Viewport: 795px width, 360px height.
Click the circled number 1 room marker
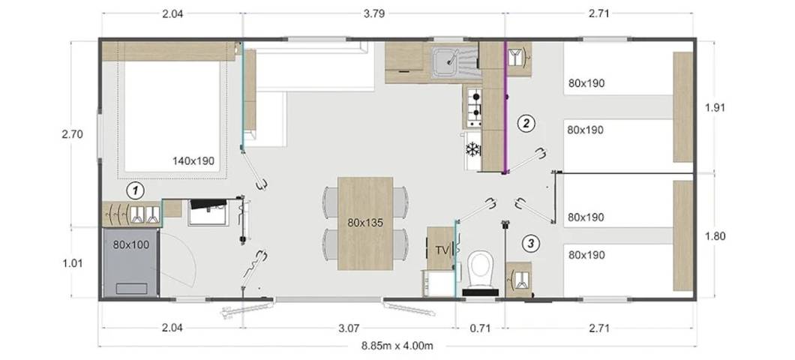point(135,190)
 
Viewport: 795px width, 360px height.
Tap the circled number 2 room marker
point(526,123)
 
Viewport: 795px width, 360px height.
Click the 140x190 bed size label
point(193,161)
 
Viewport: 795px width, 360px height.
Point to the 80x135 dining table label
point(365,222)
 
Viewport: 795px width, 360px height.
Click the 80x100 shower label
point(131,245)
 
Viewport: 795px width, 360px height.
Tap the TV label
point(442,250)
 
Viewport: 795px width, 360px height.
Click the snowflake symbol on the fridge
point(473,149)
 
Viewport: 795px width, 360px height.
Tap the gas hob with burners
point(474,107)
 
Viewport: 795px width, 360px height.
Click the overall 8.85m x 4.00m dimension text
point(397,346)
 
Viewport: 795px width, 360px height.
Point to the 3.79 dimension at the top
point(374,13)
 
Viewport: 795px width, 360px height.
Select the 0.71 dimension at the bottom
point(480,328)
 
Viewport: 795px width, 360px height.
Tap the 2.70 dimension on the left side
point(72,134)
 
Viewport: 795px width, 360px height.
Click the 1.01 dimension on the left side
point(72,263)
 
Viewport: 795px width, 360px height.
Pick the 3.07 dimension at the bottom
point(349,328)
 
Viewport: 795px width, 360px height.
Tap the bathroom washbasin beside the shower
point(208,212)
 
